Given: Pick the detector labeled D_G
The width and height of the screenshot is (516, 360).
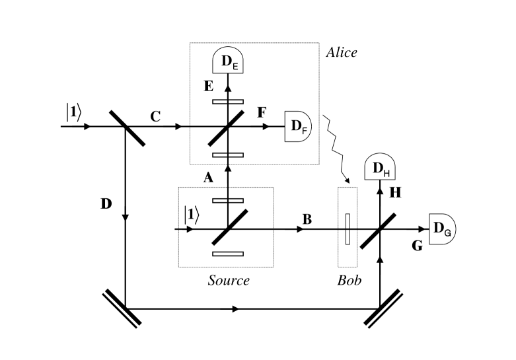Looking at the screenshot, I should click(441, 229).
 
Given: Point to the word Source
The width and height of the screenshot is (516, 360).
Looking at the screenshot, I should click(229, 280).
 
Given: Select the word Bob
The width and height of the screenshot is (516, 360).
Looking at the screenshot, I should click(349, 280).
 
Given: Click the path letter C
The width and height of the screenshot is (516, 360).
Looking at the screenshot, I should click(156, 116).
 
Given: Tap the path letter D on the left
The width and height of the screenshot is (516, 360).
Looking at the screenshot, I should click(106, 203).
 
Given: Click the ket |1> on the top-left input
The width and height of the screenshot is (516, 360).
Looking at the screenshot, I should click(73, 112).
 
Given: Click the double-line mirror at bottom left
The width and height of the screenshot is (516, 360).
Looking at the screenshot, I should click(124, 308).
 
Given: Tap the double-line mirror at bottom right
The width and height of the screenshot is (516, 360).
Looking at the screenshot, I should click(380, 308).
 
